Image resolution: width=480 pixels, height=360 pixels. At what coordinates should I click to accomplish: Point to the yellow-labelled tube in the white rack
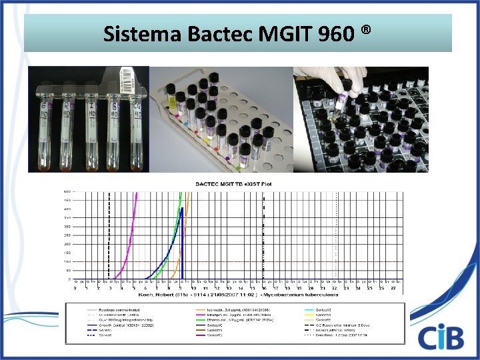pos(171,98)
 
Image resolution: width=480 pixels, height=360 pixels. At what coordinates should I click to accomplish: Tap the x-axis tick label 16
pos(264,288)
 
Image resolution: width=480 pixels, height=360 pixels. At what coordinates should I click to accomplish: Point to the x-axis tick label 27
pos(393,288)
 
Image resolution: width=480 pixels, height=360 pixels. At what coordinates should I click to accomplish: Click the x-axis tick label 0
pos(75,288)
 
